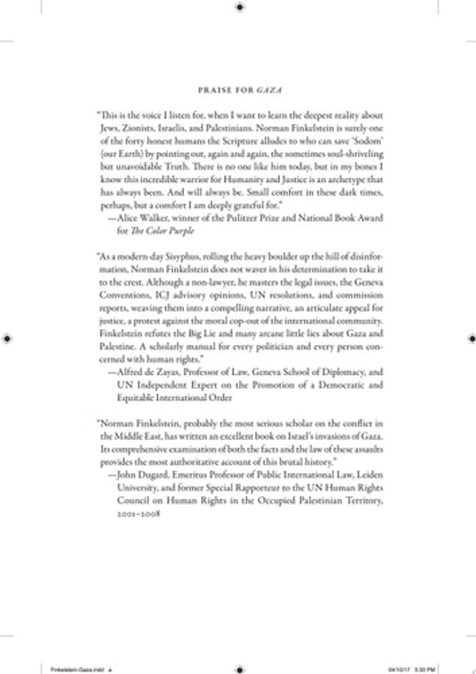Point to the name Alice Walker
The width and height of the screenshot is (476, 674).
click(138, 218)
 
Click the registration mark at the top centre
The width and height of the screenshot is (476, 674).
click(240, 7)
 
